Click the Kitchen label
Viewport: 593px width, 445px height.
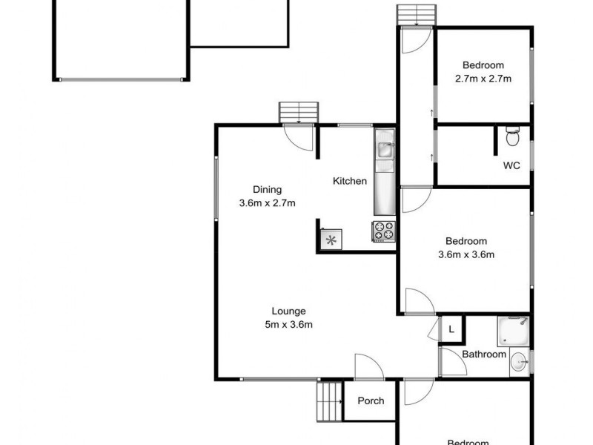pos(350,181)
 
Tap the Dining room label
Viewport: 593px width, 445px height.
pos(267,189)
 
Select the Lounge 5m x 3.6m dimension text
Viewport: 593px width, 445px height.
pos(289,324)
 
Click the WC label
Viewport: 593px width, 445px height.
pos(511,165)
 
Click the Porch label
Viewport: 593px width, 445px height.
pos(371,401)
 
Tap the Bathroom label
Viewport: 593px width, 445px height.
pos(484,355)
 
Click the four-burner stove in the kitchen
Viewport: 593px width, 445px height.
pos(383,231)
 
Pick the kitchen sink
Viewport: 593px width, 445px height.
pos(385,149)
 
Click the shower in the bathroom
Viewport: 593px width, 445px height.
pos(513,331)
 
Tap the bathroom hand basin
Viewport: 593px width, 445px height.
pos(520,363)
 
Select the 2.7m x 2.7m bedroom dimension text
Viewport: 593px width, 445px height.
pos(483,78)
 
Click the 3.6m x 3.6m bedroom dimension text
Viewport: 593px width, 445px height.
pos(466,254)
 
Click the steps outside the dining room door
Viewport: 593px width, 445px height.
pos(299,113)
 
